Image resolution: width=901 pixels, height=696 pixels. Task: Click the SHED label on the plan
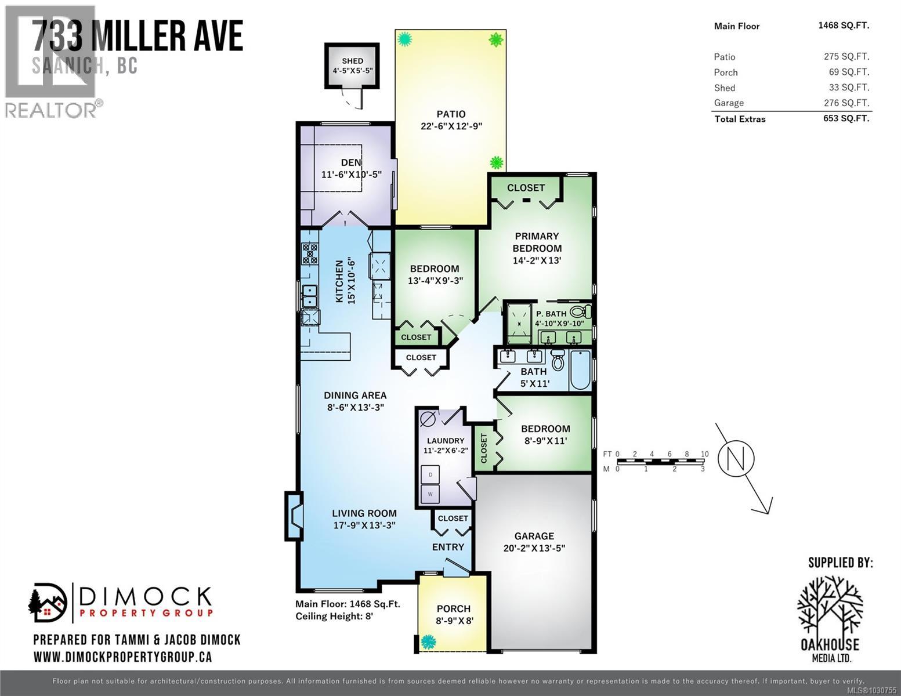[352, 61]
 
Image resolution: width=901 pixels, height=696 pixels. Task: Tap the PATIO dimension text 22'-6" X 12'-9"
[451, 126]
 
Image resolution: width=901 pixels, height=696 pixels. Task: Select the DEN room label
[351, 162]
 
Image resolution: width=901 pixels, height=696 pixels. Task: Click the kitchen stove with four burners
[310, 253]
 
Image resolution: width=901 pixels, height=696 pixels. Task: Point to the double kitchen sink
[309, 296]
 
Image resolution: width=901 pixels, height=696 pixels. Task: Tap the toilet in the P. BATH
[581, 311]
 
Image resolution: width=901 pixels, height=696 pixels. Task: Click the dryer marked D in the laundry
[430, 474]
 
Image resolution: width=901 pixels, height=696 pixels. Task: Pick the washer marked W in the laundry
[430, 494]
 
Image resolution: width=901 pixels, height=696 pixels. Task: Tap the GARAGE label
[534, 536]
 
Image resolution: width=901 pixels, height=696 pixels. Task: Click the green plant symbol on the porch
[429, 641]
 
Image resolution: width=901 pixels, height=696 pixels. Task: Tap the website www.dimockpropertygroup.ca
[122, 657]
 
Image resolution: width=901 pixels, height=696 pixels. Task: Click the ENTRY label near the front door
[448, 547]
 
